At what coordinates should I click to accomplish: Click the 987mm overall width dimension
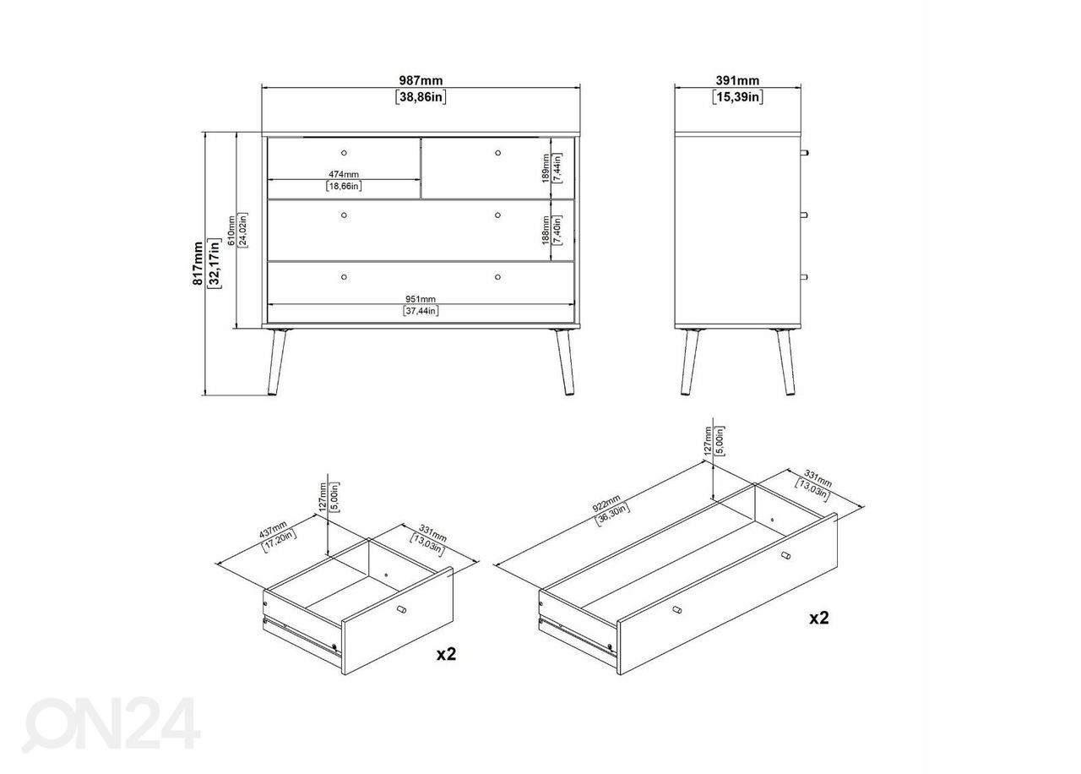421,80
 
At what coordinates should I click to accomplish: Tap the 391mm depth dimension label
737,80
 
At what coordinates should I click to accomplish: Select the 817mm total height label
198,263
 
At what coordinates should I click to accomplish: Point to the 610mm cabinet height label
231,231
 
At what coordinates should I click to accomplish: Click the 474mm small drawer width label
344,174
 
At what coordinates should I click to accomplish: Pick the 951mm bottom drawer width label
421,299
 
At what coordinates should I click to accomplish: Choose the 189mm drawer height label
546,168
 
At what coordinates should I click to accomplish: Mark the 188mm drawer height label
546,231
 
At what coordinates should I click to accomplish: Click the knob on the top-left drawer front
344,153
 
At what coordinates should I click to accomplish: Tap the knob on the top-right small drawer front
497,153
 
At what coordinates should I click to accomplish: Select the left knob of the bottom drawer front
344,277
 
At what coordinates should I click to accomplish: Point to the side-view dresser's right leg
785,362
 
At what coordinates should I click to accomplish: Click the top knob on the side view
804,153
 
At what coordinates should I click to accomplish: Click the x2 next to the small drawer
446,654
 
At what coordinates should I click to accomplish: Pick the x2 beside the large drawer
819,618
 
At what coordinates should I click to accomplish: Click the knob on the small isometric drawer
401,610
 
